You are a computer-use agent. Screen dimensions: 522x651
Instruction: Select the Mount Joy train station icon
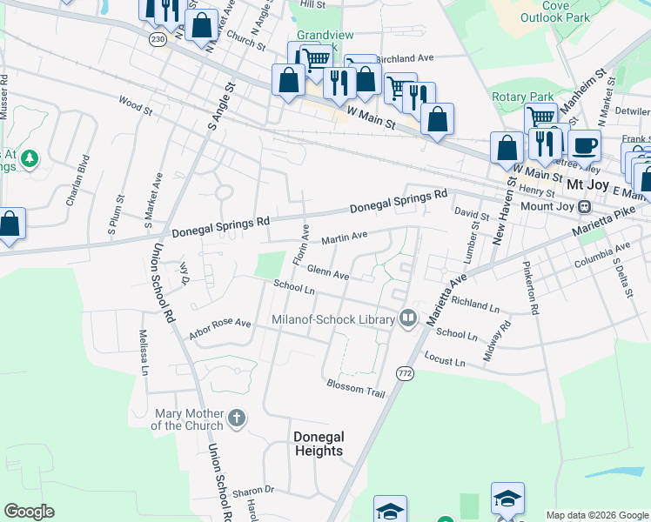click(x=584, y=207)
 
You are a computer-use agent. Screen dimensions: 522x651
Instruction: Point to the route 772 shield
click(x=405, y=372)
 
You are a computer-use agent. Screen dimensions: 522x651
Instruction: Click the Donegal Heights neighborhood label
click(x=318, y=444)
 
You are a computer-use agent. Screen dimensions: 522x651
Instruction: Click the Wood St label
click(x=135, y=106)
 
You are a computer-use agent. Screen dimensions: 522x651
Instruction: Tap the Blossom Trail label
click(x=355, y=388)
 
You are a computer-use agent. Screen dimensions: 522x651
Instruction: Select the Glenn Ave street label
click(x=327, y=273)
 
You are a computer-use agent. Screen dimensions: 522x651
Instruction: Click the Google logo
click(x=29, y=512)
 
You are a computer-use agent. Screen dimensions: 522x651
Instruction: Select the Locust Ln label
click(x=445, y=359)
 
